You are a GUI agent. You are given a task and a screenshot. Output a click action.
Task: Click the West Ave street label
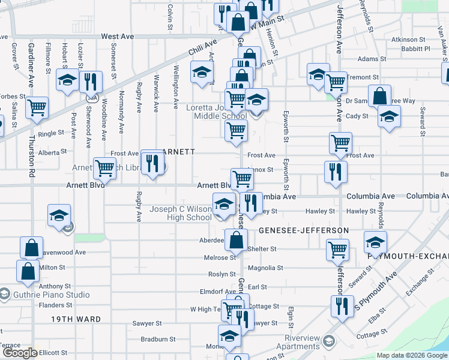[117, 37]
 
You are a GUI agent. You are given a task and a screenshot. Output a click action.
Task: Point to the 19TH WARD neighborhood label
[76, 319]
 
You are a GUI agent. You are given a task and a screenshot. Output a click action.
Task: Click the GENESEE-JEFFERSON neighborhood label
[304, 230]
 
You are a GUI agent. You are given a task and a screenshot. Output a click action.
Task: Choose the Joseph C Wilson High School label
[181, 213]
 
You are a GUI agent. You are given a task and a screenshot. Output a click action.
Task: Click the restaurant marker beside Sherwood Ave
[91, 81]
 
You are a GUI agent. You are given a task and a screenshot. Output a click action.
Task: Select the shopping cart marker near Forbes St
[37, 109]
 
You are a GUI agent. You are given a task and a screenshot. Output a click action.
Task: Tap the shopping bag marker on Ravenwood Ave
[31, 247]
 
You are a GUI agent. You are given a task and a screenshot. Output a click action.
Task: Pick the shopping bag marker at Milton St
[28, 271]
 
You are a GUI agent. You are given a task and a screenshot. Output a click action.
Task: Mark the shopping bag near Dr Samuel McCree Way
[379, 96]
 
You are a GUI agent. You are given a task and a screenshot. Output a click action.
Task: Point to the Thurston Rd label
[31, 159]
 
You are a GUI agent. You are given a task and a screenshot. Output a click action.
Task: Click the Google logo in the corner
[19, 353]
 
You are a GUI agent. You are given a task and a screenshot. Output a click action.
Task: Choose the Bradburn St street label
[157, 339]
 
